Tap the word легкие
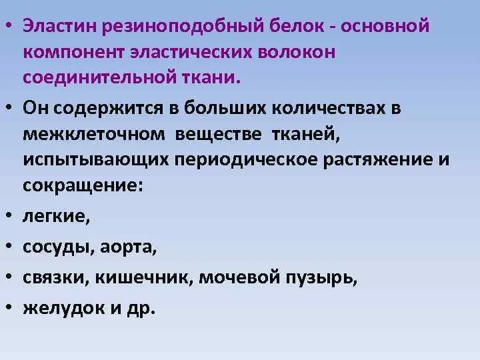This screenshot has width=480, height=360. click(55, 217)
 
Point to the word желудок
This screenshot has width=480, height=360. click(61, 309)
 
